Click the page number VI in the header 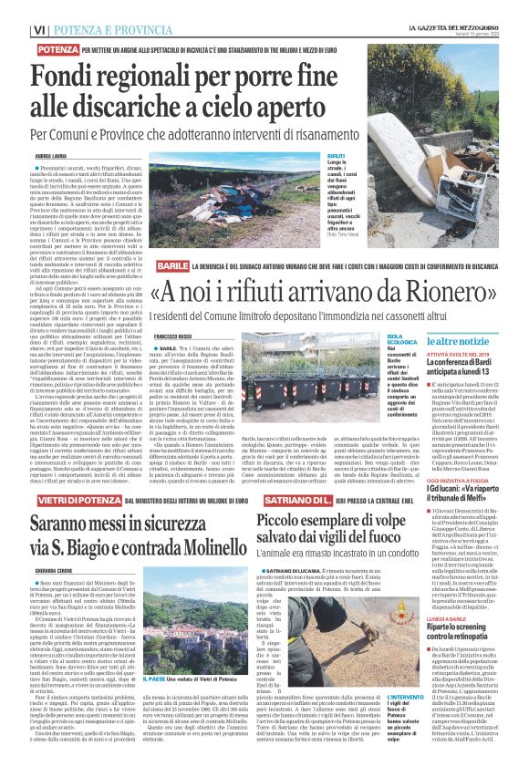coord(39,29)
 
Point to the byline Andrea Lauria coord(54,156)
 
